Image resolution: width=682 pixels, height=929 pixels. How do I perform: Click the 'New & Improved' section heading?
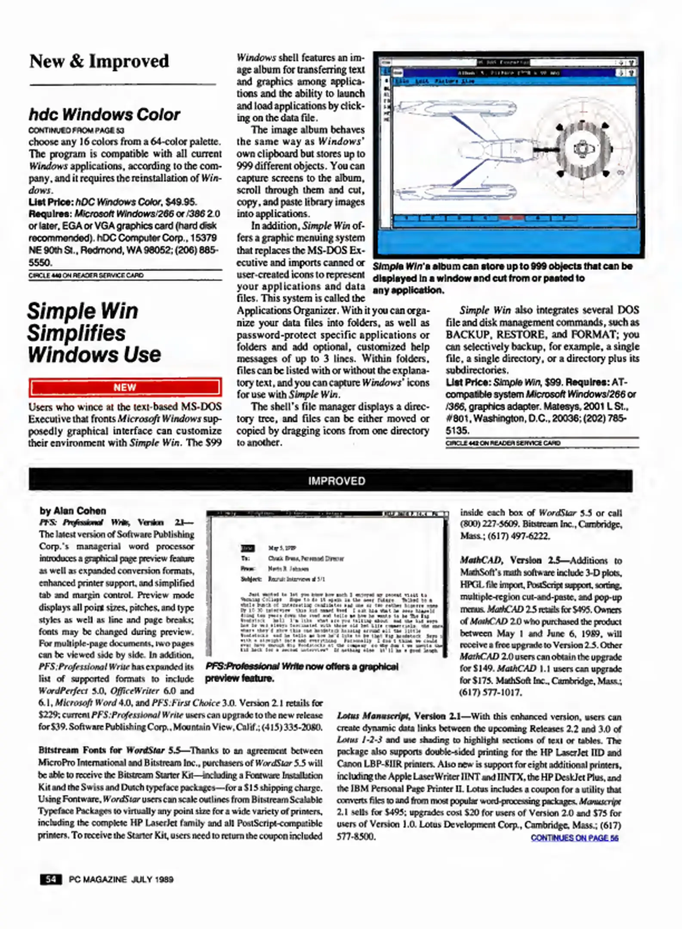coord(99,61)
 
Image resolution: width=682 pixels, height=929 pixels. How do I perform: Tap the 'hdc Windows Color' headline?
coord(104,115)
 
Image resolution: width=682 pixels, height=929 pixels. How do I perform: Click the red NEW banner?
coord(125,387)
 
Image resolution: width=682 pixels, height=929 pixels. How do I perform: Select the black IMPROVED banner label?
coord(336,481)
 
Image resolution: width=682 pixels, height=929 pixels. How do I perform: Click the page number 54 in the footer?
coord(51,879)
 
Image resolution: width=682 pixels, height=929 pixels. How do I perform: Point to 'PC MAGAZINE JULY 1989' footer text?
coord(121,880)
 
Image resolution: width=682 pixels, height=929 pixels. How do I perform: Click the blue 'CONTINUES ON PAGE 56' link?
coord(574,838)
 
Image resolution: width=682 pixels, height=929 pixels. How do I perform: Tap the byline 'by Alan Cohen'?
coord(73,511)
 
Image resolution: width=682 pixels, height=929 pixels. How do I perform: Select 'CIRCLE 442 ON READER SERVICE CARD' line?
coord(503,443)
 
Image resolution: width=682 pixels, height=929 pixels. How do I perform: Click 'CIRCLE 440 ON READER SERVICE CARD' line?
coord(86,275)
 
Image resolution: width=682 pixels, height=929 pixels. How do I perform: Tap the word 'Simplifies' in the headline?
coord(77,333)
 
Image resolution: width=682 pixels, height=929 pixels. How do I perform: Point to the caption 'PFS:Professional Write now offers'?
coord(301,667)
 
